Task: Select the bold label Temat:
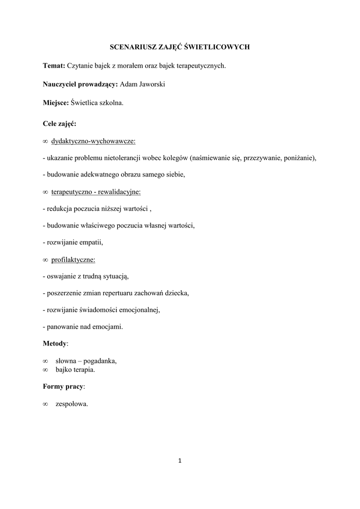54,66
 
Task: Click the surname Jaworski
152,85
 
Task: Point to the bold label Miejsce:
56,103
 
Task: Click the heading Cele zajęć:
59,123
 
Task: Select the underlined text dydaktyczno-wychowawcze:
93,142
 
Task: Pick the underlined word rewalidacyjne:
119,191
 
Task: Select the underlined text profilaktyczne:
73,259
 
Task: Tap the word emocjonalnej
137,310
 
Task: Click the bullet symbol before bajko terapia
45,370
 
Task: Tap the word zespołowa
72,404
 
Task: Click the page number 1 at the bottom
180,461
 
